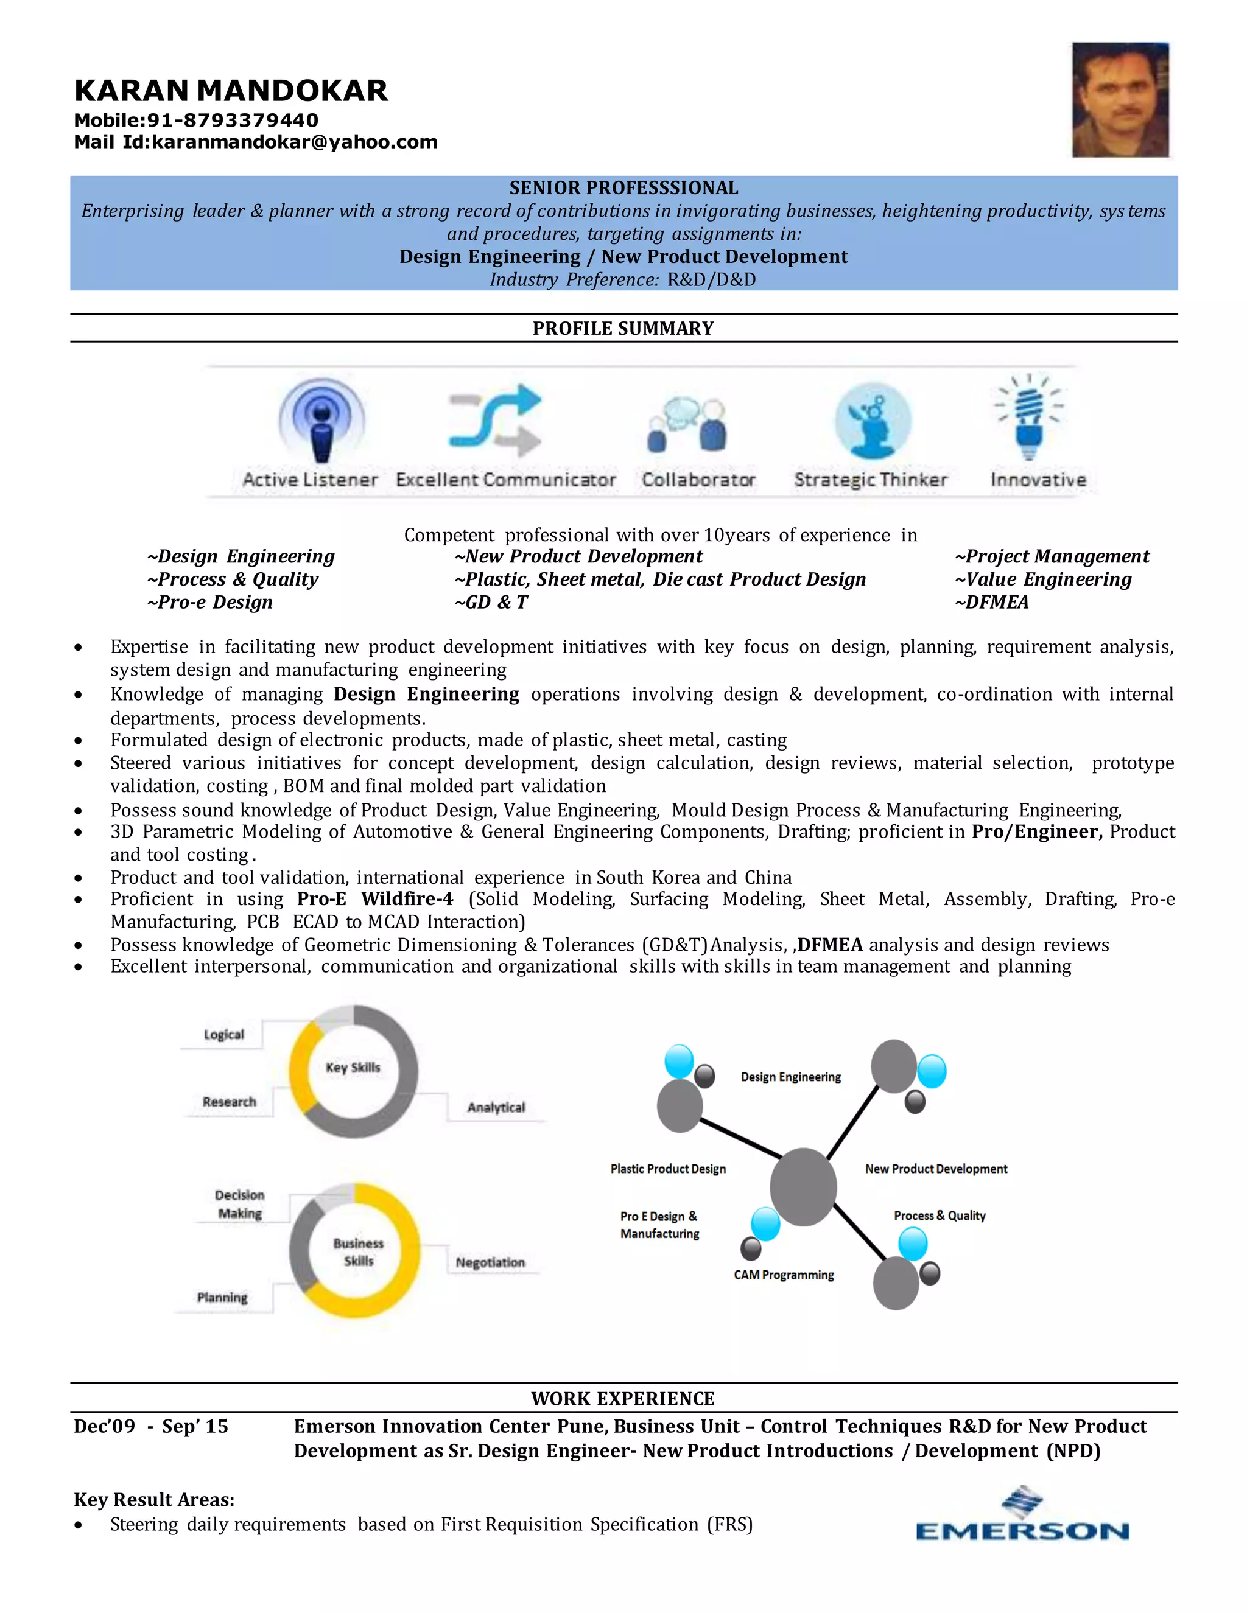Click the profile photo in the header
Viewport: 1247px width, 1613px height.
pyautogui.click(x=1120, y=100)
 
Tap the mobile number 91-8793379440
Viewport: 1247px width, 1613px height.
pyautogui.click(x=233, y=121)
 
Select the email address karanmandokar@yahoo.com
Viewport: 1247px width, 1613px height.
pyautogui.click(x=294, y=142)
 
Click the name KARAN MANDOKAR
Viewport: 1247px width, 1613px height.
pyautogui.click(x=231, y=91)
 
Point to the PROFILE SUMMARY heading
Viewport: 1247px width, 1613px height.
pyautogui.click(x=623, y=329)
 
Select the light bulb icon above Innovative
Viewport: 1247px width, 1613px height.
pyautogui.click(x=1028, y=418)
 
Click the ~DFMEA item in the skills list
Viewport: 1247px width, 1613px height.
pyautogui.click(x=991, y=603)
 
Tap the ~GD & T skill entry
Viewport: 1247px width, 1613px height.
pyautogui.click(x=491, y=603)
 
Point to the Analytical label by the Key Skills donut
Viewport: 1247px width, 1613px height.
pyautogui.click(x=496, y=1107)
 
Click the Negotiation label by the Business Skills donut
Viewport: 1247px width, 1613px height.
pyautogui.click(x=490, y=1262)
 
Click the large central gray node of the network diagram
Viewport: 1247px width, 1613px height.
pyautogui.click(x=803, y=1187)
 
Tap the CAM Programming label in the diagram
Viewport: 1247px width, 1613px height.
pyautogui.click(x=784, y=1275)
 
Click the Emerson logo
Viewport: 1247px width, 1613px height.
pyautogui.click(x=1022, y=1516)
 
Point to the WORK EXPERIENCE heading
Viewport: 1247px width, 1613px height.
pyautogui.click(x=623, y=1399)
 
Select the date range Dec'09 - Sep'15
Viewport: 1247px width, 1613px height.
pyautogui.click(x=151, y=1427)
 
